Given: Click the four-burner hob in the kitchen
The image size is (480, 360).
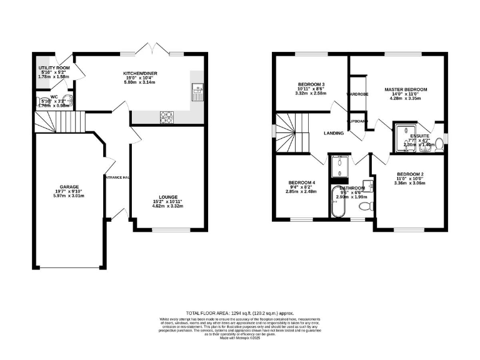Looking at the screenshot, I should tap(167, 116).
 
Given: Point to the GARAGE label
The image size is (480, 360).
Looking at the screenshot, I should tap(69, 186).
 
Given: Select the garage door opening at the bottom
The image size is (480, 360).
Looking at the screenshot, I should tap(69, 268).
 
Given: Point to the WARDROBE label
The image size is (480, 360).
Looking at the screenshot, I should tap(357, 94).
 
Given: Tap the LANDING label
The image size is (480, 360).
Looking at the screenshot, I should tap(334, 133).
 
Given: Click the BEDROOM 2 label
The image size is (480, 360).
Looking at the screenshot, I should tap(410, 174).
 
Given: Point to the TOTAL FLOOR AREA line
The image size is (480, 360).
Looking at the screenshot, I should tap(240, 312).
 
